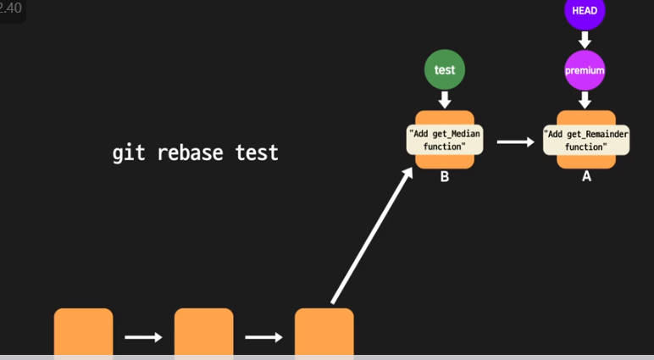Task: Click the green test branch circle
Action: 445,69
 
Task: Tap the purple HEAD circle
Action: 585,11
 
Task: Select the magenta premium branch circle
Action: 585,70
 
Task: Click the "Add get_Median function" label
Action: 445,140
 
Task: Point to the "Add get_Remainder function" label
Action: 586,140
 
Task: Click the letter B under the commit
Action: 445,177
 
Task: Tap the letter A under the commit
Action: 586,176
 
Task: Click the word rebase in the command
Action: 190,152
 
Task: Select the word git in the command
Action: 129,153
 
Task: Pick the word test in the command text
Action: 257,152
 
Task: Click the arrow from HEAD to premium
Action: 585,40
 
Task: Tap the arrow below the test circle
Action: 445,100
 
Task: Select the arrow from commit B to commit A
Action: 516,141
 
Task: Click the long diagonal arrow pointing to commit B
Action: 372,235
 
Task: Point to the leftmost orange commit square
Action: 83,332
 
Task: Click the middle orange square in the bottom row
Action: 204,332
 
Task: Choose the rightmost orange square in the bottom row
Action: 324,332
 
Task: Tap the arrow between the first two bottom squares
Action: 143,336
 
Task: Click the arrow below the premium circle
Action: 585,100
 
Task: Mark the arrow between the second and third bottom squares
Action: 263,336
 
